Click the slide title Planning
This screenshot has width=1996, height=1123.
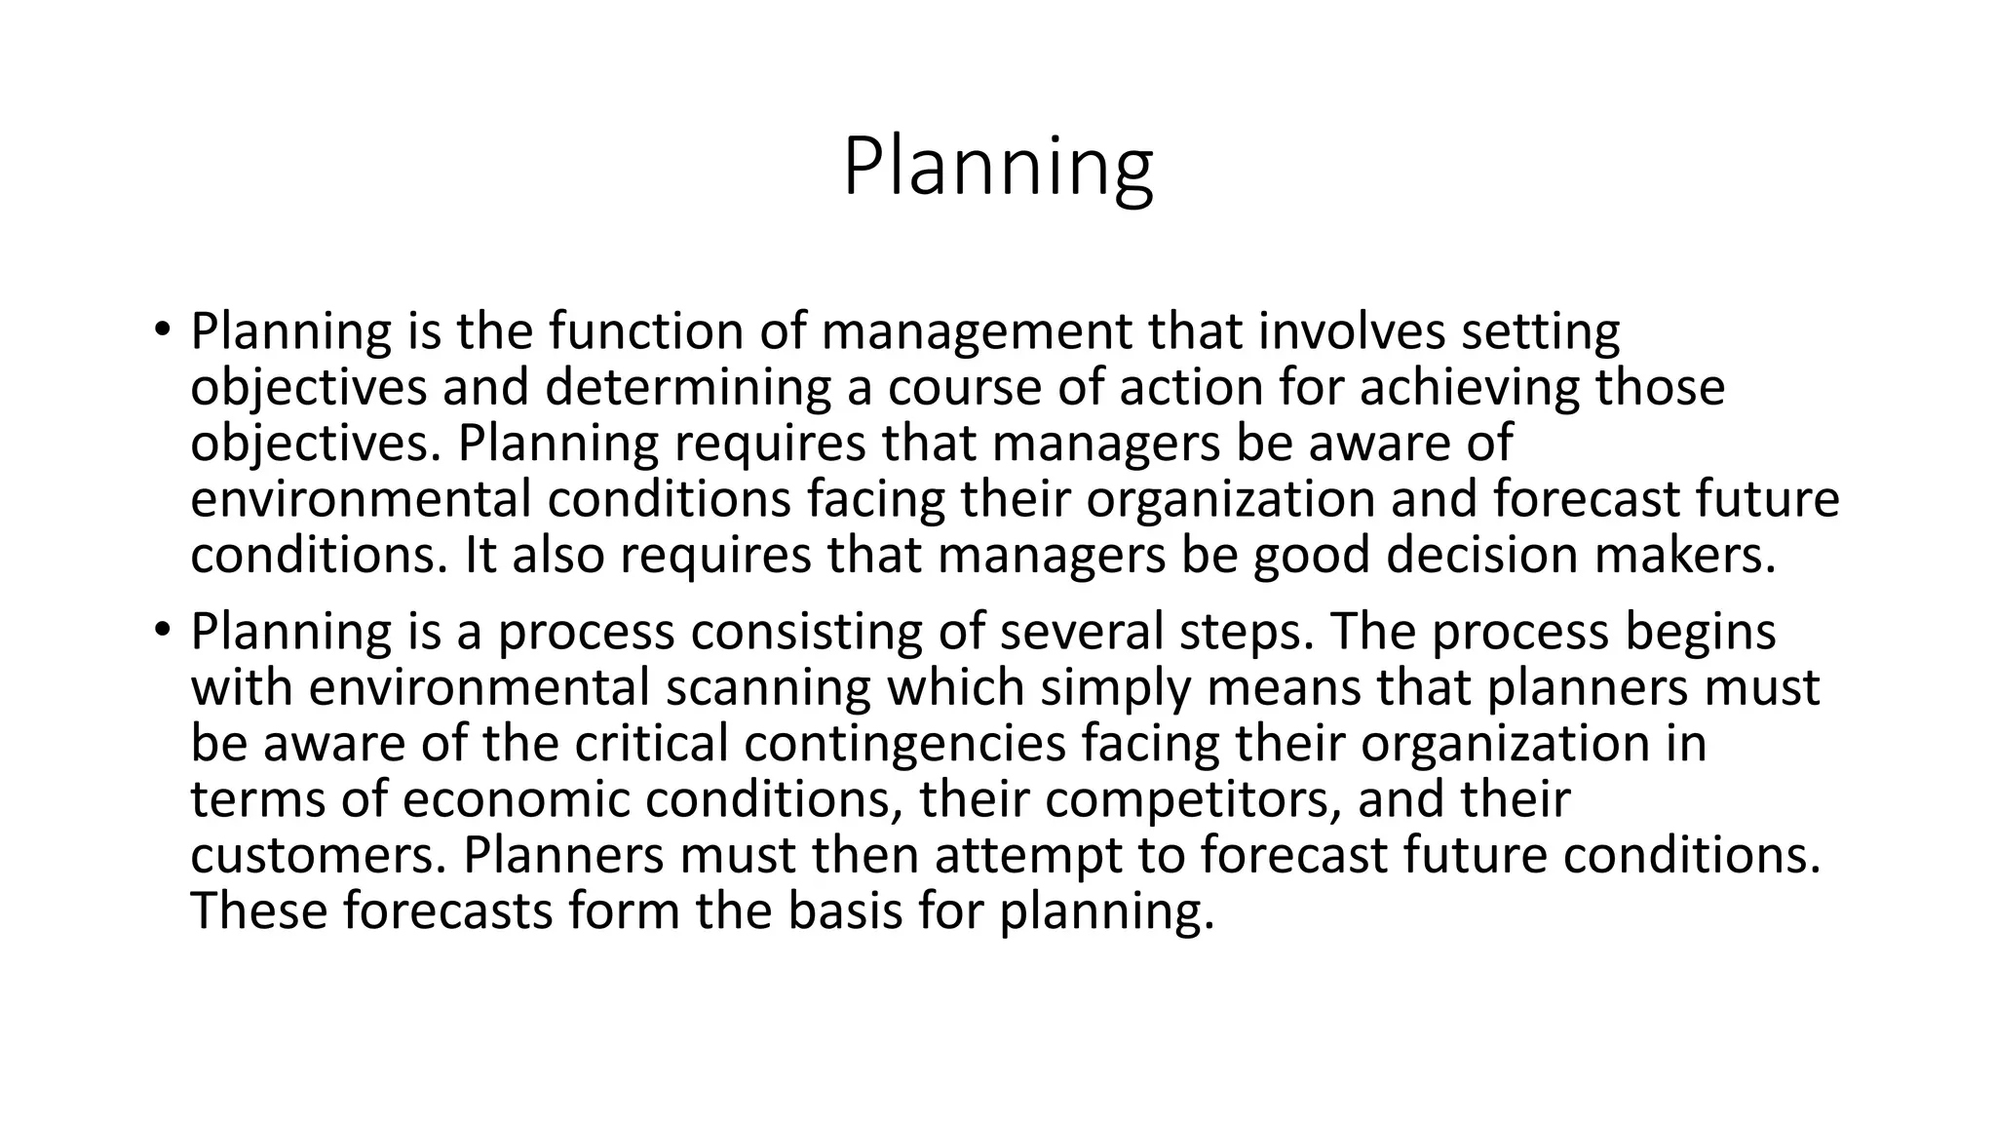coord(997,168)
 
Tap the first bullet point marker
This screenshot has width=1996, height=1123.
coord(161,329)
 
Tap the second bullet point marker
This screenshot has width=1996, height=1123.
coord(161,629)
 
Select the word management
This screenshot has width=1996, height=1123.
coord(977,332)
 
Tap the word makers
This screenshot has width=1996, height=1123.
coord(1685,556)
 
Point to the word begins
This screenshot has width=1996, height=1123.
coord(1700,633)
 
